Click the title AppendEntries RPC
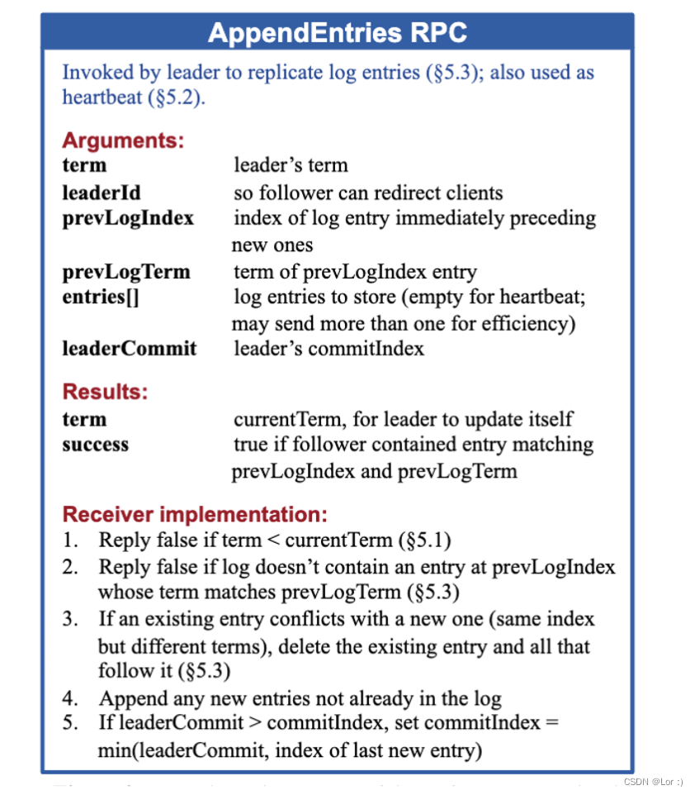(x=337, y=32)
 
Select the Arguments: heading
(x=122, y=140)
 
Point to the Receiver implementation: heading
(x=195, y=514)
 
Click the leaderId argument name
(x=102, y=193)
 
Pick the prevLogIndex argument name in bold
(x=128, y=218)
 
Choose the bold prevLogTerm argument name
(x=125, y=272)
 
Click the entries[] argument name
(x=100, y=297)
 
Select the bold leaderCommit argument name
(x=130, y=349)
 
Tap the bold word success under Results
(x=96, y=445)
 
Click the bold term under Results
(x=84, y=419)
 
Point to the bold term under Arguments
(x=84, y=165)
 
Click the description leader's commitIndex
(x=329, y=349)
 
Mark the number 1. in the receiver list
(x=71, y=541)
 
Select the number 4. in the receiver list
(x=71, y=698)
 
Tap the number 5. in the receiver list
(x=71, y=723)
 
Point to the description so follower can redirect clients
(x=368, y=193)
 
